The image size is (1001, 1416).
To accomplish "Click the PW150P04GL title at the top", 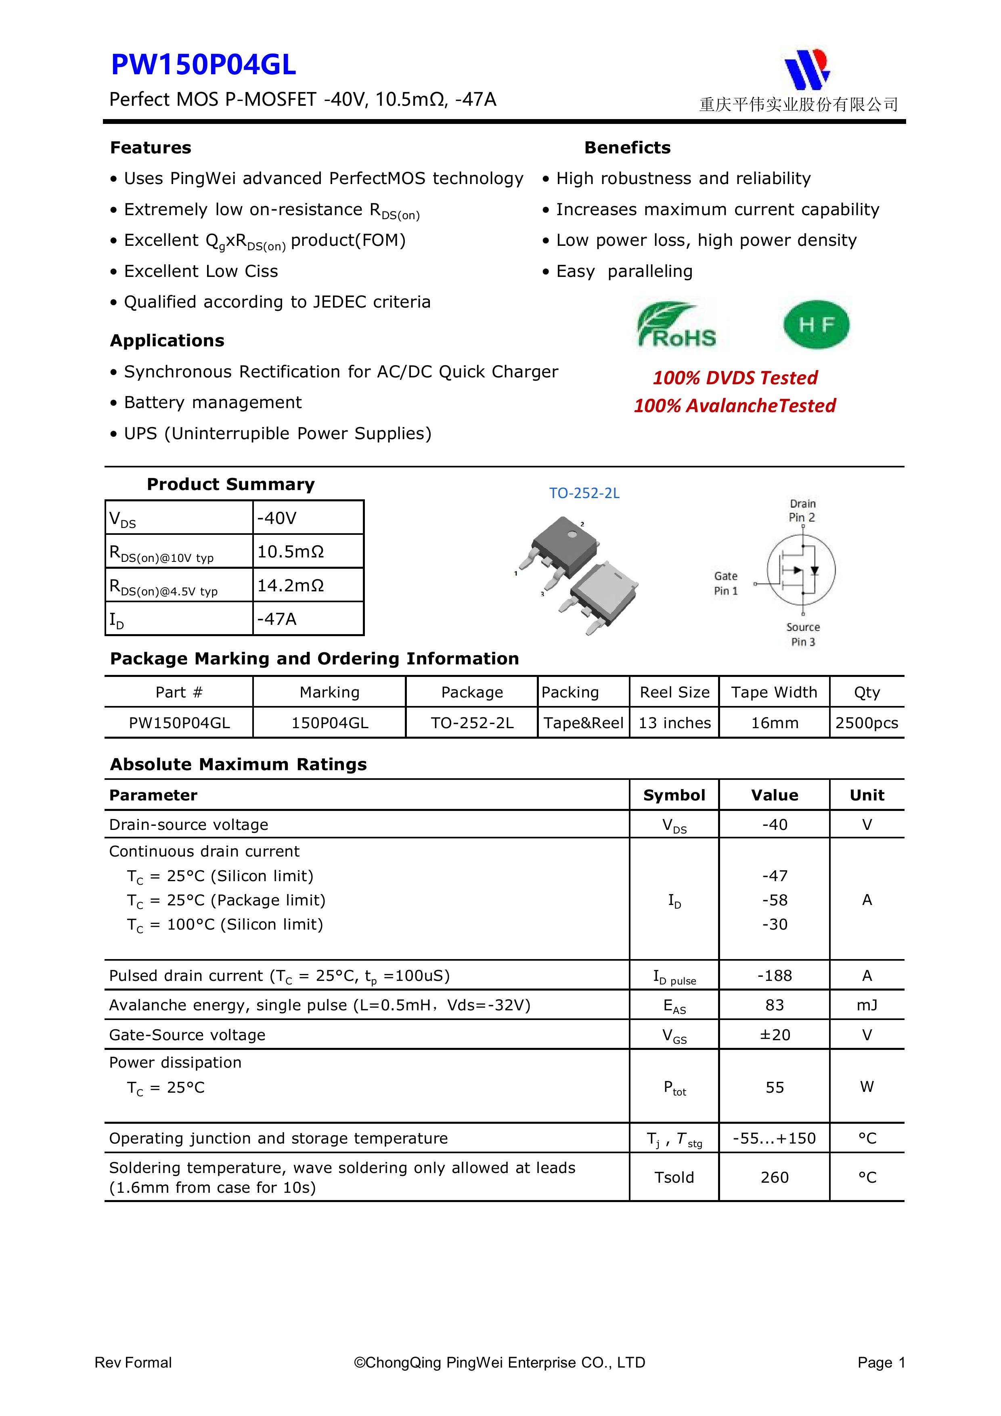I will pos(203,65).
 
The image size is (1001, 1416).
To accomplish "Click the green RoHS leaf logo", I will pos(676,325).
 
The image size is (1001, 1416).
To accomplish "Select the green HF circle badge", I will pos(816,325).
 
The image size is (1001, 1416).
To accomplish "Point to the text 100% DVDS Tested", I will pos(735,377).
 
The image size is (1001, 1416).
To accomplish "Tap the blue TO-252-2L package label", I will pos(584,493).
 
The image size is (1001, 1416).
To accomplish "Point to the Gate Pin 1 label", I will pos(725,583).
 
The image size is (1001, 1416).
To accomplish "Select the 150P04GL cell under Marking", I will pos(329,723).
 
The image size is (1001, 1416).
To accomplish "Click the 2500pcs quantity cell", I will pos(867,723).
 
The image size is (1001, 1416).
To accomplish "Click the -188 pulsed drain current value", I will pos(775,976).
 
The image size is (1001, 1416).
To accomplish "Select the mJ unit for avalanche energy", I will pos(867,1005).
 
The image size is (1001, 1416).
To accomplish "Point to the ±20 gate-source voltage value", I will pos(775,1035).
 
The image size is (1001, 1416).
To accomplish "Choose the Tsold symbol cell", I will pos(674,1177).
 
